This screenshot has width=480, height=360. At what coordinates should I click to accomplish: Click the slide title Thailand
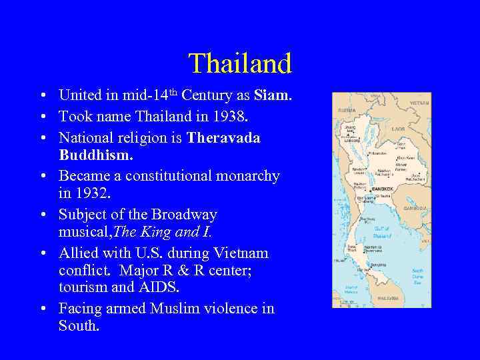[240, 64]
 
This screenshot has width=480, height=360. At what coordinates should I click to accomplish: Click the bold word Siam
[272, 96]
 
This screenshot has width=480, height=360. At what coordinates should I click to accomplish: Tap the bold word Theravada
[223, 137]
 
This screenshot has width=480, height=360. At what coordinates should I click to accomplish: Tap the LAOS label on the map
[398, 129]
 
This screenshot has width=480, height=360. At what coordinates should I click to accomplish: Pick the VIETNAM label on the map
[419, 103]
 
